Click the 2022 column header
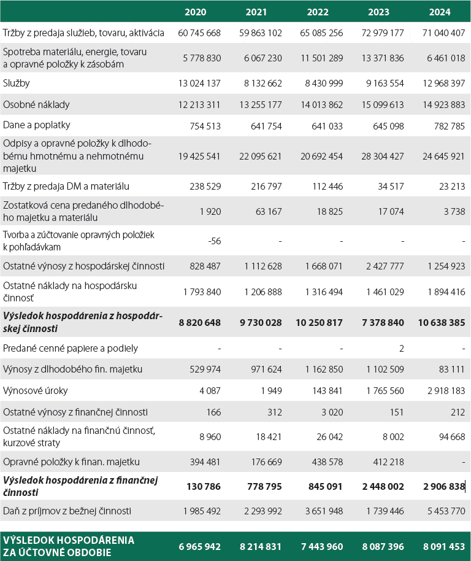point(317,12)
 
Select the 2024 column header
point(440,12)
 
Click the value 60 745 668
point(199,33)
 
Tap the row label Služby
point(17,83)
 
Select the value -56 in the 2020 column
point(214,241)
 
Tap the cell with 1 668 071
point(321,266)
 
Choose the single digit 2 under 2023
point(401,348)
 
